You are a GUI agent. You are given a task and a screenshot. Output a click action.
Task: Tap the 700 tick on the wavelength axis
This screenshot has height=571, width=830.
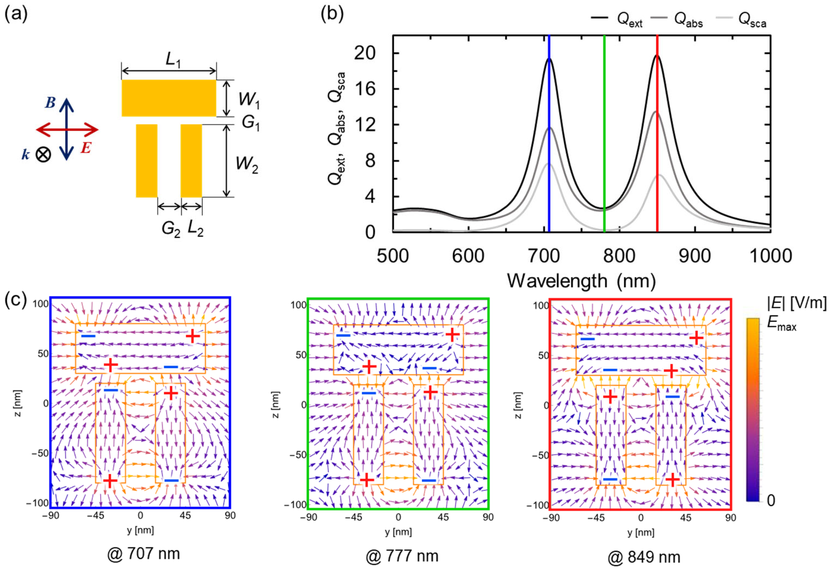tap(543, 256)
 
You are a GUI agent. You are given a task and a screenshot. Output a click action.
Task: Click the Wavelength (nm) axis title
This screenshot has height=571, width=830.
tap(581, 281)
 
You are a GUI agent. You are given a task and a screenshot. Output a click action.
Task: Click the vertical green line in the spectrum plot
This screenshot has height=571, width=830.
tap(604, 143)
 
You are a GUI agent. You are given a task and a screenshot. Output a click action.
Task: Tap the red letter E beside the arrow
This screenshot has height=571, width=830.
tap(85, 148)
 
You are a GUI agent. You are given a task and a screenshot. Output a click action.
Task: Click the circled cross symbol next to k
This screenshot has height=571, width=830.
tap(43, 155)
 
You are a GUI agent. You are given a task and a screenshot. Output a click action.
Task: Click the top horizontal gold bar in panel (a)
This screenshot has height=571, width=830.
tap(169, 98)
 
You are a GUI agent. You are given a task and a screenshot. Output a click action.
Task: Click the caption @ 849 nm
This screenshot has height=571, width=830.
tap(644, 557)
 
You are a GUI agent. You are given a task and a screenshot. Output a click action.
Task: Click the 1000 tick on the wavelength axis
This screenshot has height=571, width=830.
tap(770, 256)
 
